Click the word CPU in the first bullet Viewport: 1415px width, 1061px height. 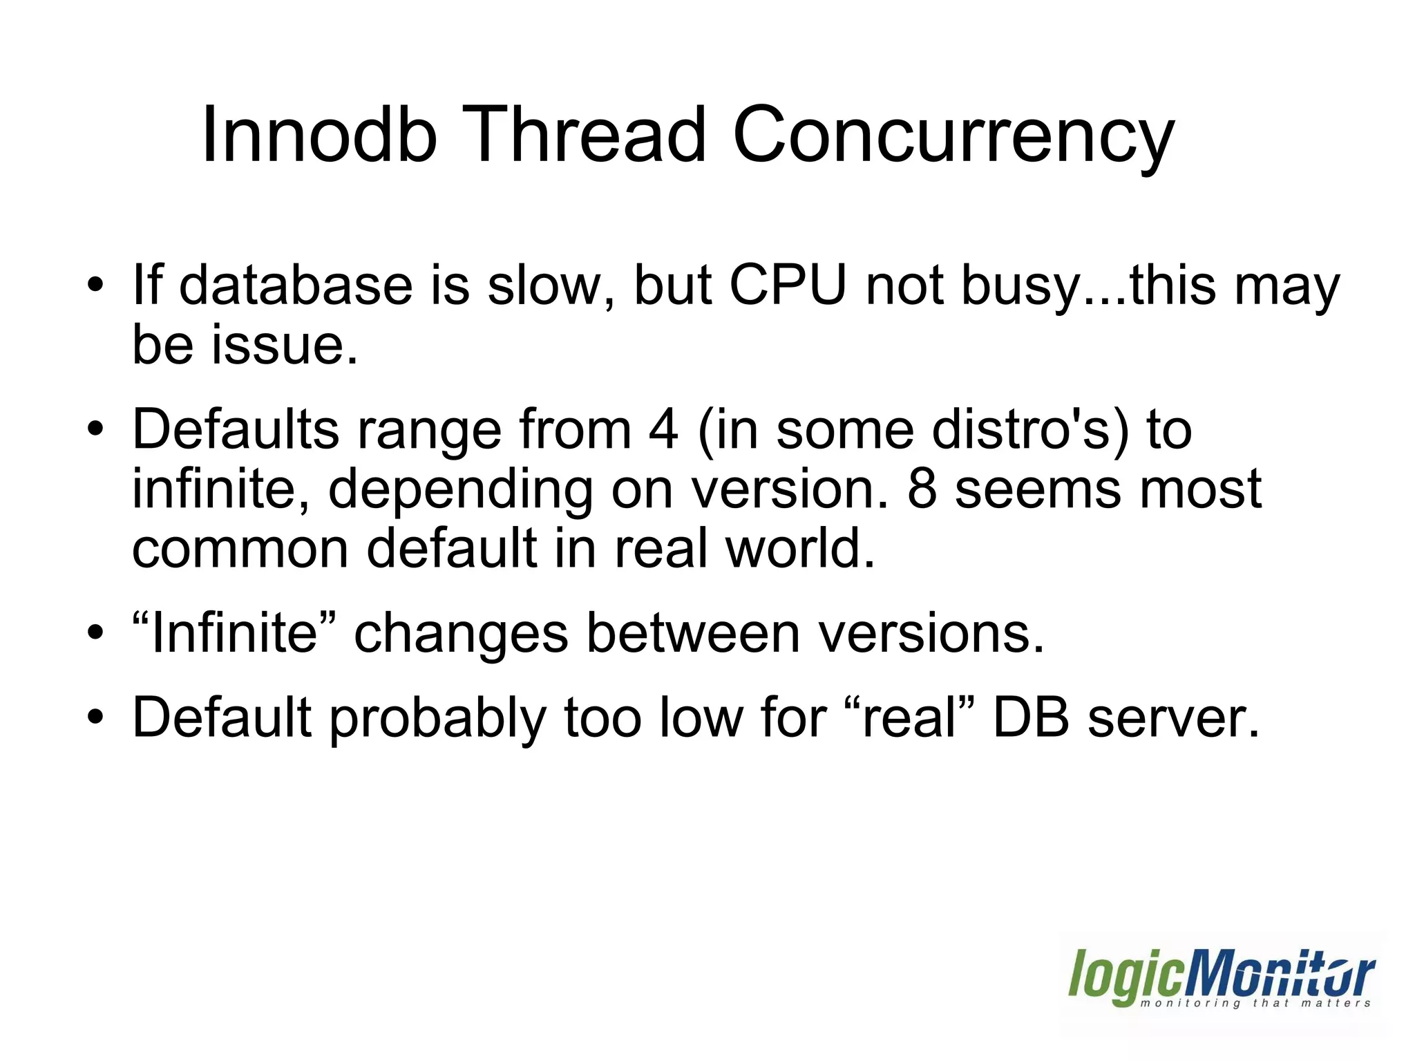(788, 285)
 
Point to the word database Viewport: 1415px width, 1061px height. (296, 285)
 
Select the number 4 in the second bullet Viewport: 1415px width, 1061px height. (663, 430)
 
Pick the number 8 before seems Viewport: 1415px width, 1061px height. (922, 489)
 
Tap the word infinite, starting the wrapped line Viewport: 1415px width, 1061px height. (220, 489)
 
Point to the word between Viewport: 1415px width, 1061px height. (693, 633)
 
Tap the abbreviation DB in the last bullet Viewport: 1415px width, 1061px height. (1031, 717)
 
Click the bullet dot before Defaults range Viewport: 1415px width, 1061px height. (95, 429)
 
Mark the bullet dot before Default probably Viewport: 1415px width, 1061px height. (95, 717)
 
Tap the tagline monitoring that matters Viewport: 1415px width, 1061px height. (1255, 1003)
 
